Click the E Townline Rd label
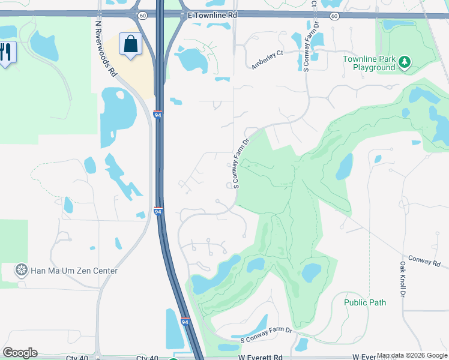[212, 14]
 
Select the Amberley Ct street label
[267, 59]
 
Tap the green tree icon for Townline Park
[405, 61]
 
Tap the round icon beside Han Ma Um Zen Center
[22, 270]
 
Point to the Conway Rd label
[424, 262]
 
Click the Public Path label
[365, 302]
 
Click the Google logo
[20, 353]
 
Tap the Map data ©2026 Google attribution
[412, 355]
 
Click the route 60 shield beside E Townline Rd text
[141, 15]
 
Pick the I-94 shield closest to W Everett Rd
[185, 322]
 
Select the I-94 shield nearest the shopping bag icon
[157, 115]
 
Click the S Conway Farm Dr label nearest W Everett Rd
[266, 335]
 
